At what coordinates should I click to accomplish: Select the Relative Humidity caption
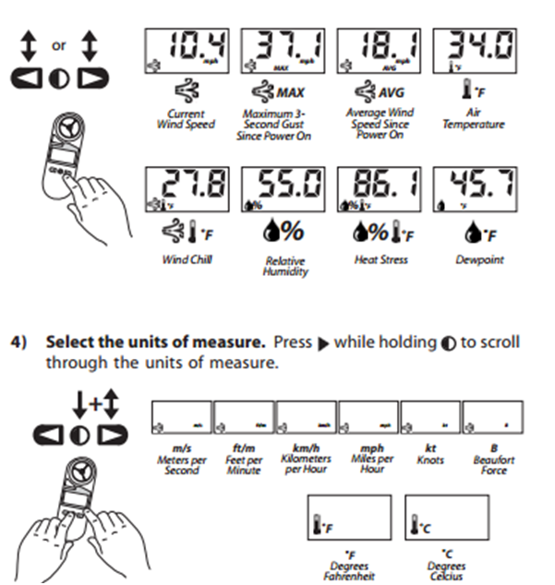284,267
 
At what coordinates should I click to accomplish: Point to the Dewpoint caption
481,260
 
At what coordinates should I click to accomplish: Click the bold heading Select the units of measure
156,341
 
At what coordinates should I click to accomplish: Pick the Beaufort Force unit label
493,459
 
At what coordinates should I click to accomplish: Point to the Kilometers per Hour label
305,459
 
